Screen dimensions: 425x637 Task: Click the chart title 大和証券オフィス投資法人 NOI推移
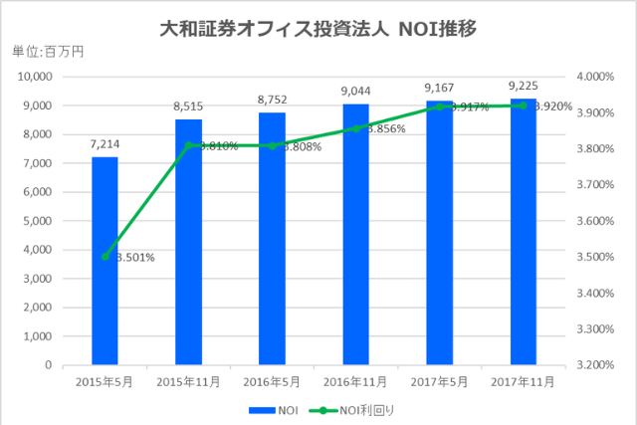click(318, 29)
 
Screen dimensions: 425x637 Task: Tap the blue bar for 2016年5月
click(272, 239)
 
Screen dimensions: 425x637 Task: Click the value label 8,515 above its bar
click(188, 106)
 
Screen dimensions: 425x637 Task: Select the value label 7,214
click(105, 144)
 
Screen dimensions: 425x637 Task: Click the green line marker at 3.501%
click(105, 256)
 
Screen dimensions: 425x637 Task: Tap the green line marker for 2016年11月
click(355, 128)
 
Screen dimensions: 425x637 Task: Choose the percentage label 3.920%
click(553, 106)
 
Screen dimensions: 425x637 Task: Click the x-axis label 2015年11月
click(188, 379)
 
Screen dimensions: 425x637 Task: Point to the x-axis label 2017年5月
click(439, 379)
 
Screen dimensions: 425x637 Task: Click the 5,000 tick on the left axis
click(36, 221)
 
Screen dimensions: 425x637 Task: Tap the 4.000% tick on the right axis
click(595, 77)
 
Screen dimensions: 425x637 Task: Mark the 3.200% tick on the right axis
click(595, 365)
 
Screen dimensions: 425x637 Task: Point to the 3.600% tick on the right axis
click(595, 221)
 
